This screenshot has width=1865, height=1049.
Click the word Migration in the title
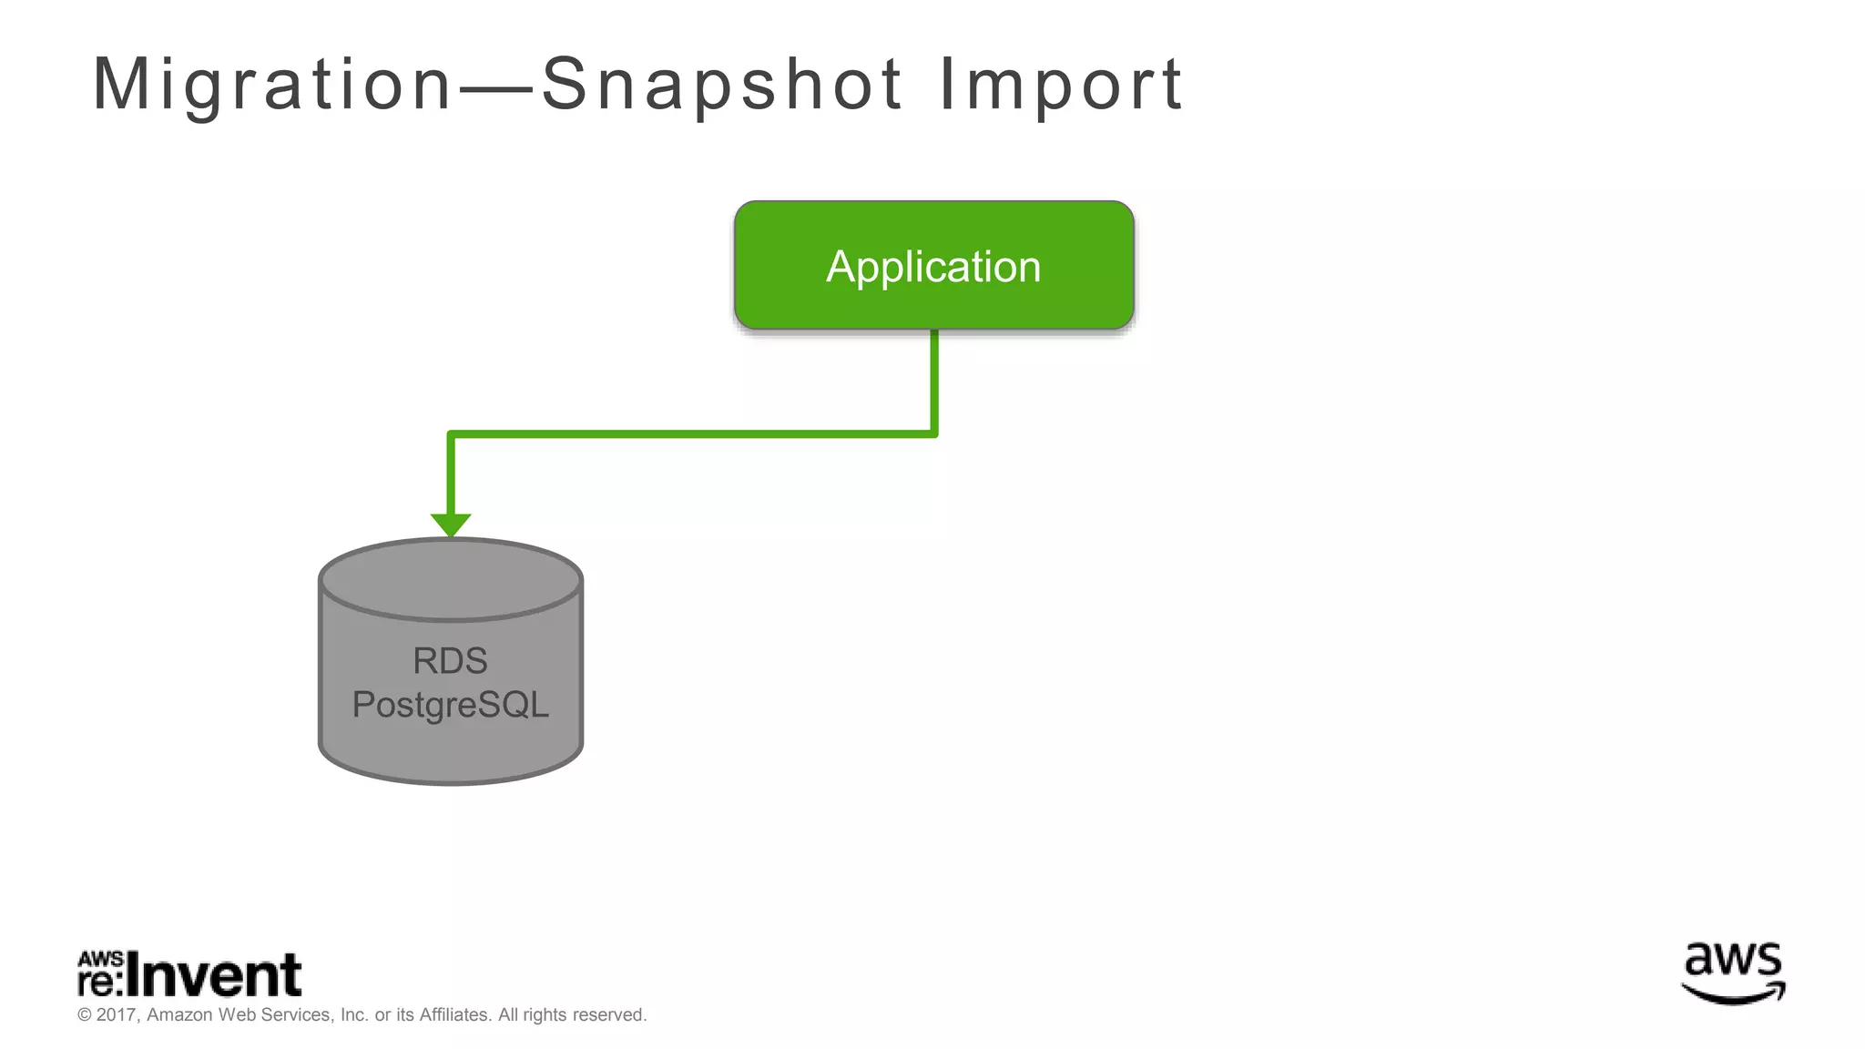coord(271,85)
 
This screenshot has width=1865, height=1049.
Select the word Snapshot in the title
coord(721,85)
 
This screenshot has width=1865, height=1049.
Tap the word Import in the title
coord(1060,85)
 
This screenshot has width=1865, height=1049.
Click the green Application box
coord(933,266)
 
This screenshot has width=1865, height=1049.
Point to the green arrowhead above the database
coord(451,524)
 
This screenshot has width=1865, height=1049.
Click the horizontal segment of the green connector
coord(692,434)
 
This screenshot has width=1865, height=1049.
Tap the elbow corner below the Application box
coord(933,433)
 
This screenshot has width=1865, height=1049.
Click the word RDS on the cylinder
coord(450,661)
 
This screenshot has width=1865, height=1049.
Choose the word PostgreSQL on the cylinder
coord(450,705)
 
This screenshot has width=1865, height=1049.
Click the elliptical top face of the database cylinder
coord(451,579)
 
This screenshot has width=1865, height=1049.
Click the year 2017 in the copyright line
coord(116,1014)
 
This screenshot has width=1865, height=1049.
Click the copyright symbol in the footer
coord(85,1015)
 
